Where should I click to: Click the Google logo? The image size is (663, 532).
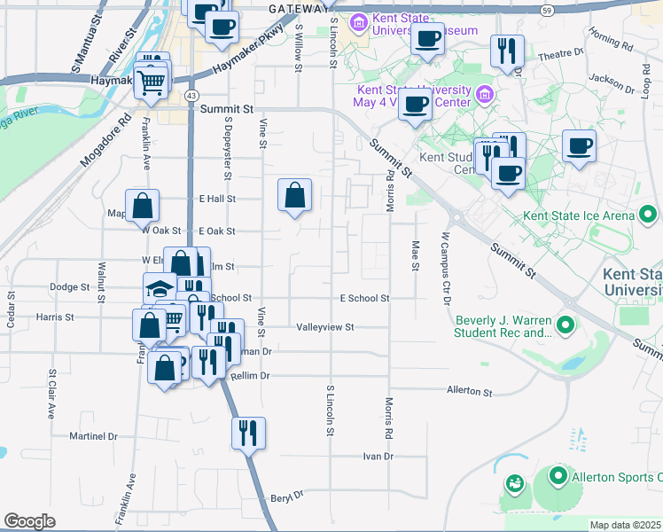tap(29, 521)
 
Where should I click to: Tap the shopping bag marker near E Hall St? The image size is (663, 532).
tap(294, 196)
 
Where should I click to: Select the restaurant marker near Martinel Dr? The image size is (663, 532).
tap(247, 433)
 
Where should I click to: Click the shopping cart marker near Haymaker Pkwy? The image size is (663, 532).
tap(152, 82)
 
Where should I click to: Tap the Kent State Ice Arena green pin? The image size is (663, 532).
tap(648, 215)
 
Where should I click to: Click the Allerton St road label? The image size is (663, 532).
tap(469, 391)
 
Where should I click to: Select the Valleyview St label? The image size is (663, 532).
tap(325, 327)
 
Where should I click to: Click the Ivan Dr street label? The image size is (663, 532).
tap(377, 456)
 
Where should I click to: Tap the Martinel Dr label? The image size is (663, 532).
tap(94, 436)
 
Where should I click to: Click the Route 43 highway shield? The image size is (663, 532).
tap(191, 94)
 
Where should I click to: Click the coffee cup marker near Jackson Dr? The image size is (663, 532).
tap(580, 146)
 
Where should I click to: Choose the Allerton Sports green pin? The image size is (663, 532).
tap(558, 477)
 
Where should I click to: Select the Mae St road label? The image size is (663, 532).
tap(414, 257)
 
